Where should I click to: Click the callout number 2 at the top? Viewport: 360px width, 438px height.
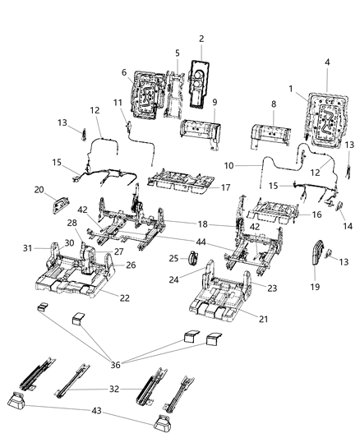coord(200,38)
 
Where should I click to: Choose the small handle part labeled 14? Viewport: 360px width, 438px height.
coord(338,205)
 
